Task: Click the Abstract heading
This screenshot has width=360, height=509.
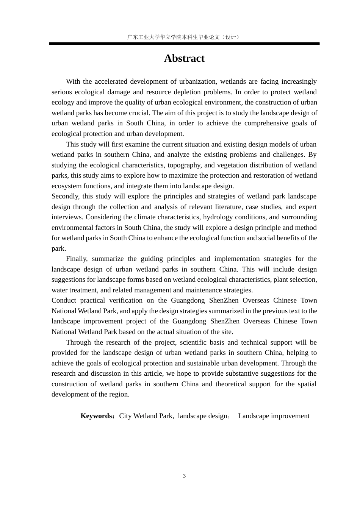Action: pyautogui.click(x=184, y=58)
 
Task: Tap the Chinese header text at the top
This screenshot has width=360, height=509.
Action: pyautogui.click(x=184, y=37)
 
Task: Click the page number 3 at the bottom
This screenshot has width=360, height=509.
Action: pyautogui.click(x=185, y=476)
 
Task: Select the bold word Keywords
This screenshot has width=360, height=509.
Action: pyautogui.click(x=97, y=416)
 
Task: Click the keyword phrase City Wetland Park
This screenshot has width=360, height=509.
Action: pyautogui.click(x=146, y=416)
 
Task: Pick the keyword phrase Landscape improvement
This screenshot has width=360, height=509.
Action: pyautogui.click(x=274, y=416)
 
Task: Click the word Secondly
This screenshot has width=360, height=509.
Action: pyautogui.click(x=65, y=196)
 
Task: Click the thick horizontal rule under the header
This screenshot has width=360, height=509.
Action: pyautogui.click(x=184, y=44)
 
